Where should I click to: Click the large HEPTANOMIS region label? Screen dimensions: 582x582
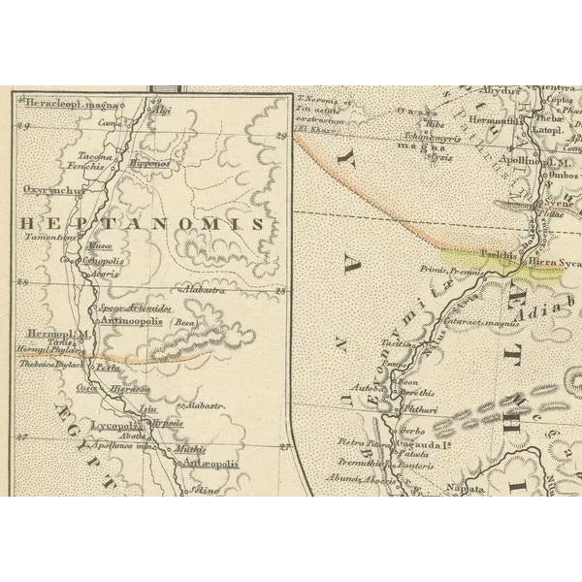[x=142, y=223]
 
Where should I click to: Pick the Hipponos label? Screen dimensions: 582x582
[x=149, y=164]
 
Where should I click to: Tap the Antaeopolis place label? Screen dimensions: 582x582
[x=211, y=465]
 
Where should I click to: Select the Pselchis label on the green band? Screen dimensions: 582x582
[x=498, y=255]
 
